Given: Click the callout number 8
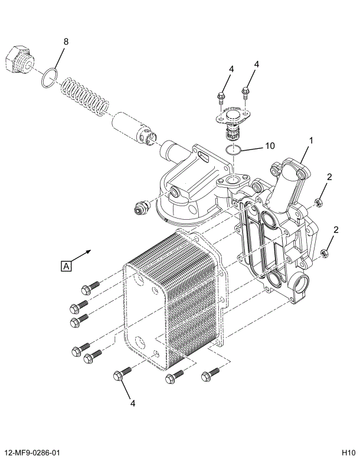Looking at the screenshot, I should pyautogui.click(x=66, y=41).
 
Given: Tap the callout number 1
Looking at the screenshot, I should pyautogui.click(x=311, y=141).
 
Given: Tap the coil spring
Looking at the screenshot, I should pyautogui.click(x=86, y=95).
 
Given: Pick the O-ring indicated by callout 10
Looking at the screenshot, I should pyautogui.click(x=234, y=149).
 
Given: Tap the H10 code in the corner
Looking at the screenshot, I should pyautogui.click(x=348, y=453).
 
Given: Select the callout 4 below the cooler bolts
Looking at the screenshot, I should pyautogui.click(x=133, y=403).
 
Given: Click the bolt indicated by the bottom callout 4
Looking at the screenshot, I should pyautogui.click(x=120, y=375).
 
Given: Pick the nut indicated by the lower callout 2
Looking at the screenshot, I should pyautogui.click(x=324, y=254).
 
